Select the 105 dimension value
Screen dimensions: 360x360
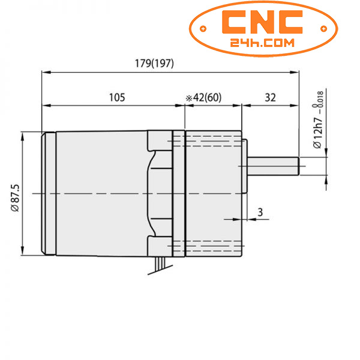coord(116,97)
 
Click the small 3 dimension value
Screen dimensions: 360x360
coord(260,212)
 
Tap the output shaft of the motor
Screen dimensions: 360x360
coord(273,166)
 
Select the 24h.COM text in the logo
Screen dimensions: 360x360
coord(261,43)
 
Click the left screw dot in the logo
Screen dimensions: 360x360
coord(203,28)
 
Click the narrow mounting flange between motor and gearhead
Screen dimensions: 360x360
coord(178,193)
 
